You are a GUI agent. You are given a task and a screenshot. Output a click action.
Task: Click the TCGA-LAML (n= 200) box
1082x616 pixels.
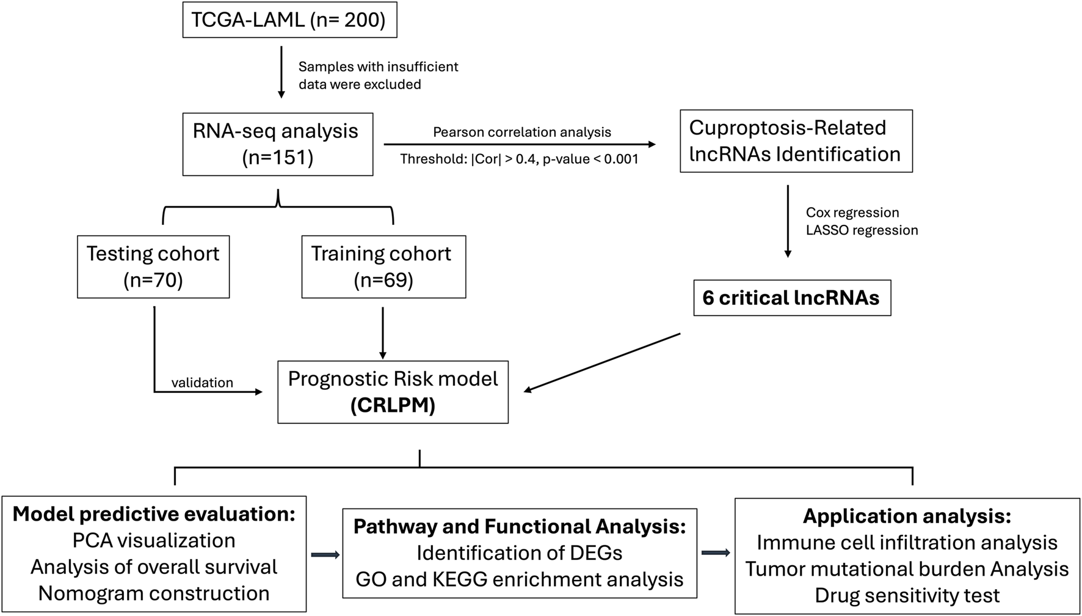[289, 20]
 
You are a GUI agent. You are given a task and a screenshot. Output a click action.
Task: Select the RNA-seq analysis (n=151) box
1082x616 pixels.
[277, 144]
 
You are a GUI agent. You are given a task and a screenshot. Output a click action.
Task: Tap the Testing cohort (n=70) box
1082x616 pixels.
[153, 266]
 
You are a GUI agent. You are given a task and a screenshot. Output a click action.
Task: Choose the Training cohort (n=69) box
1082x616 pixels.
[383, 266]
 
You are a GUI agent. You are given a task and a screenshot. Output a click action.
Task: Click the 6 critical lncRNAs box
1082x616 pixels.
[791, 298]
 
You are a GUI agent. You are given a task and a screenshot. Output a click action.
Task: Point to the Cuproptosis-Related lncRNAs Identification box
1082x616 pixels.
[796, 141]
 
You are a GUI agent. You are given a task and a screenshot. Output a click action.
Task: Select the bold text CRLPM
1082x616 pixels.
[393, 406]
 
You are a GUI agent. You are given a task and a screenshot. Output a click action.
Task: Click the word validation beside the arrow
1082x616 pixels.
[202, 383]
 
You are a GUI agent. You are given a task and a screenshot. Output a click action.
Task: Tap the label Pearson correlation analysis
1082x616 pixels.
[522, 132]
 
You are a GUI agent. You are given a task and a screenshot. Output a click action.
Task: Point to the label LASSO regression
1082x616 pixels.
[862, 230]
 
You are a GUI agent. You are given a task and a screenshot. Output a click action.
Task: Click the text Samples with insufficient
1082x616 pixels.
[378, 67]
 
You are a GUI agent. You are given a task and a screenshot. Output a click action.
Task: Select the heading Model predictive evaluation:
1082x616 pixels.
[154, 514]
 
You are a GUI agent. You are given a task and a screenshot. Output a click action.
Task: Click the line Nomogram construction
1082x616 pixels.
[154, 593]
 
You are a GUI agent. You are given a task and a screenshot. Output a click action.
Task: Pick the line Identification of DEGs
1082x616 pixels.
[519, 553]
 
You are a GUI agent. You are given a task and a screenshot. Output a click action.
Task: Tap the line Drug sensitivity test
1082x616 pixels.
[907, 595]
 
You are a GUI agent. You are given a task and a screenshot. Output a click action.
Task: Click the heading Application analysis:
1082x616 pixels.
[907, 516]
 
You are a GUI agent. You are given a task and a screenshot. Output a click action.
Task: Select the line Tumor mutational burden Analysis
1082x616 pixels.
[907, 569]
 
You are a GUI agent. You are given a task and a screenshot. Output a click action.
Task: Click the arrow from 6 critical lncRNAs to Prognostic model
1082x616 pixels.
[602, 362]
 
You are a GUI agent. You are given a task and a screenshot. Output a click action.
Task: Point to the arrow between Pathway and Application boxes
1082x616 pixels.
[716, 553]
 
